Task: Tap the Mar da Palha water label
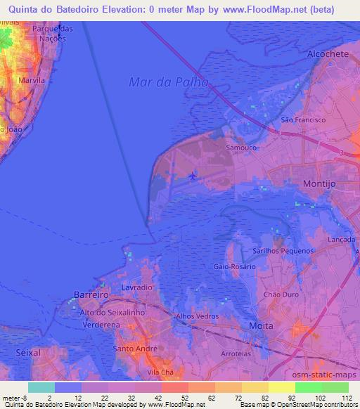click(169, 82)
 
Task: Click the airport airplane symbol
click(193, 176)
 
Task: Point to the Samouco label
click(241, 148)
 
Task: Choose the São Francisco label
click(303, 120)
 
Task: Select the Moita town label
click(262, 327)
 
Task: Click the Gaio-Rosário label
click(232, 267)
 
